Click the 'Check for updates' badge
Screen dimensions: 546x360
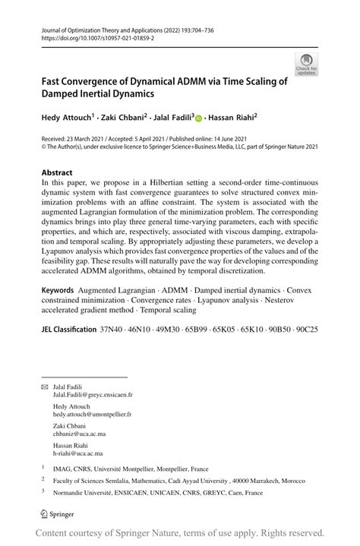pos(306,64)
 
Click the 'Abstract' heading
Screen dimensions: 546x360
pos(57,173)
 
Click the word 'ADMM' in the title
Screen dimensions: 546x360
pos(173,80)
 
